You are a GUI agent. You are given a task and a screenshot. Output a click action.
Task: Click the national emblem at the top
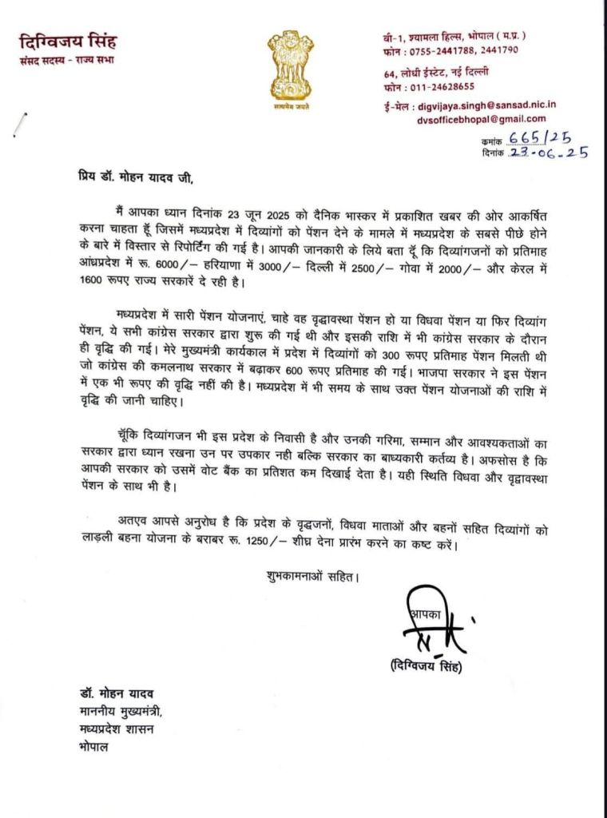tap(290, 64)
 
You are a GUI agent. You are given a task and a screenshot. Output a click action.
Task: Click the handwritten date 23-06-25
tap(547, 153)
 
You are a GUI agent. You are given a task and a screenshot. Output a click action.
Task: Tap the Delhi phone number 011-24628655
tap(446, 86)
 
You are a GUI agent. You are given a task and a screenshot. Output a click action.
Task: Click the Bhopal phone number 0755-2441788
tap(446, 50)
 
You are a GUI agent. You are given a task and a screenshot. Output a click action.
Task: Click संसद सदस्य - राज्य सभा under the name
tap(66, 62)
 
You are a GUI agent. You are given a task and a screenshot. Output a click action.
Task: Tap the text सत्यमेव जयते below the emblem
tap(290, 105)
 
